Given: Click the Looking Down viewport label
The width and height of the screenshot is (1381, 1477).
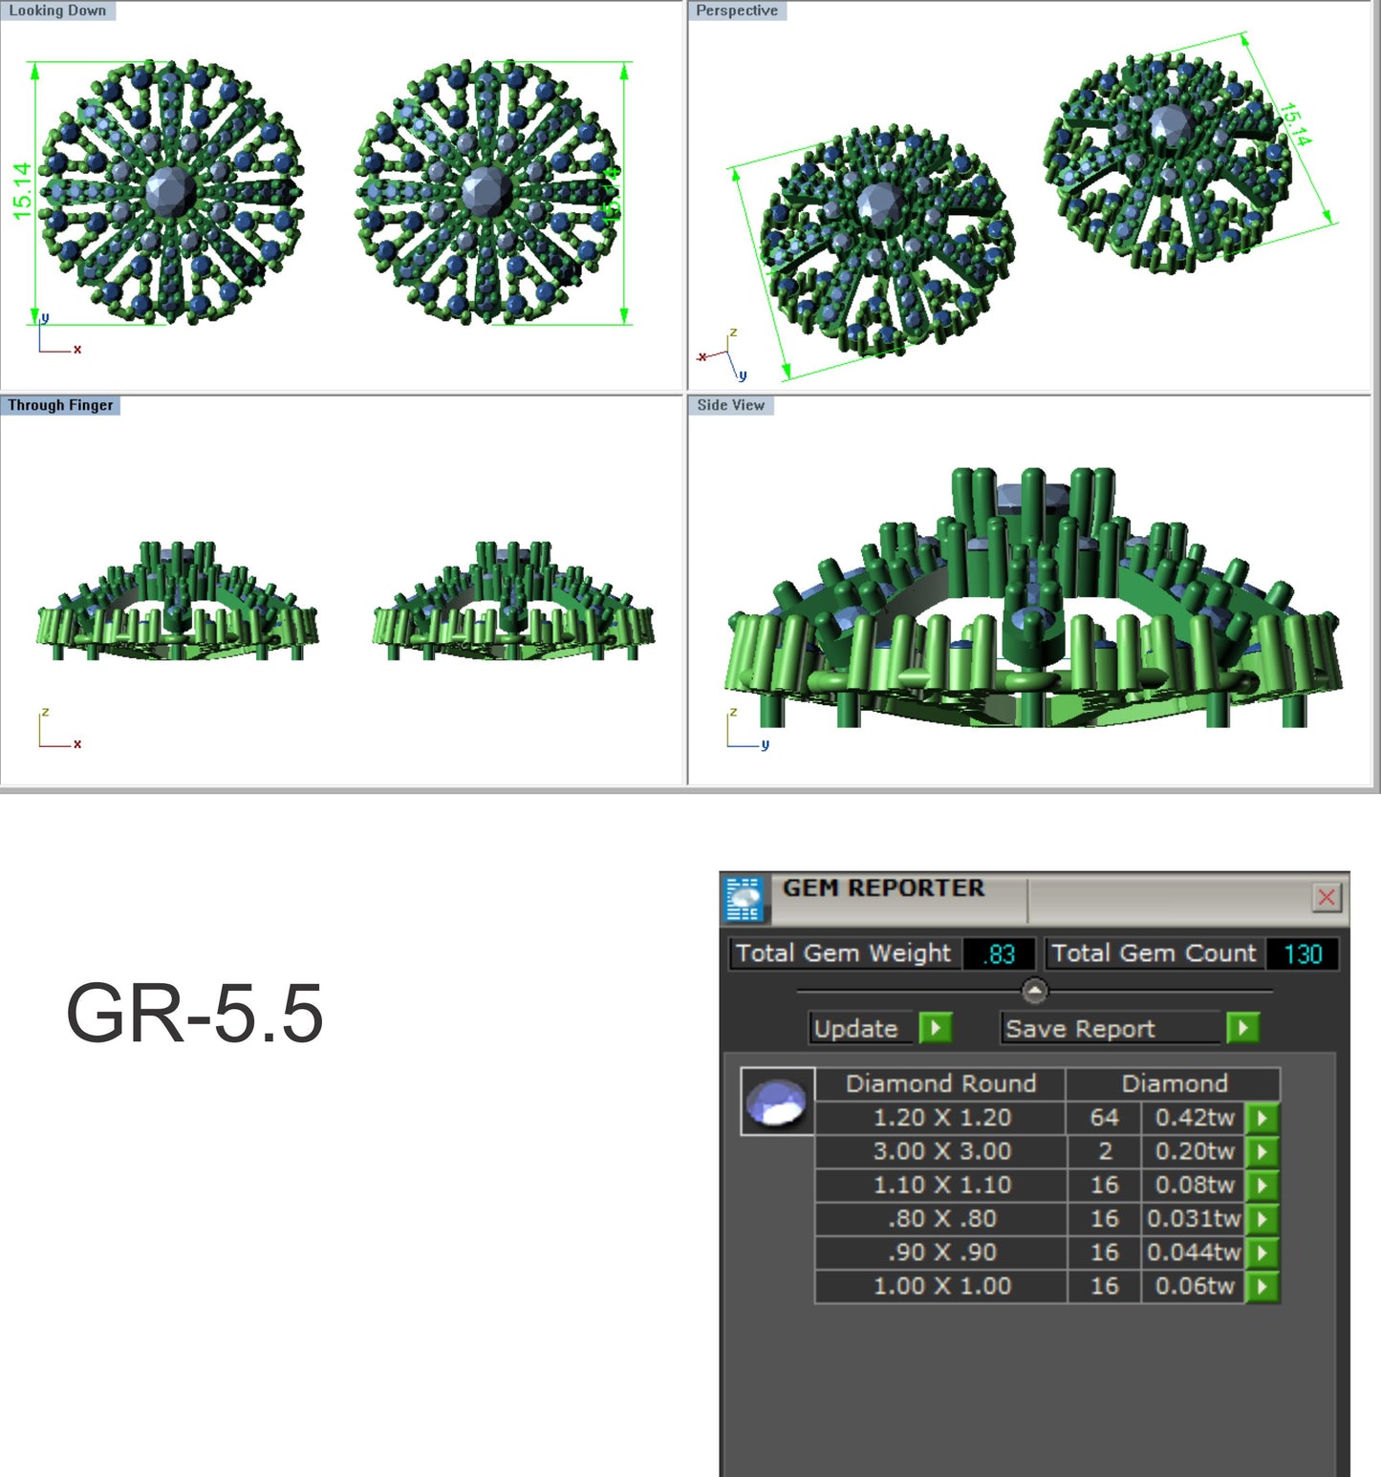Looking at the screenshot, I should coord(57,11).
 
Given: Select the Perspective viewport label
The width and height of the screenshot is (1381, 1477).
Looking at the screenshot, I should coord(736,11).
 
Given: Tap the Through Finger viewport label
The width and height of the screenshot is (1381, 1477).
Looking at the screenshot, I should coord(60,405).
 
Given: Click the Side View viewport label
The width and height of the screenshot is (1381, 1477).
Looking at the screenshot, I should coord(730,405).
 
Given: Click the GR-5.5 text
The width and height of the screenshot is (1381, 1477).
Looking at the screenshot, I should coord(194,1014).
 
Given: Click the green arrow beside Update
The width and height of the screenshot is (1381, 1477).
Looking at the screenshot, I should coord(935,1028).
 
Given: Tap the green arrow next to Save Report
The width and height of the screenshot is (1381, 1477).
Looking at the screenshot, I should coord(1242,1028).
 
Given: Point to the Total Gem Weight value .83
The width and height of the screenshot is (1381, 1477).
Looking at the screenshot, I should coord(999,953).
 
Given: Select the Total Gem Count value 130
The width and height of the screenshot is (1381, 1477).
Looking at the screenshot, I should coord(1302,953).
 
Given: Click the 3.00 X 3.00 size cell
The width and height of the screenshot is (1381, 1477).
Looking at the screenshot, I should coord(941,1151).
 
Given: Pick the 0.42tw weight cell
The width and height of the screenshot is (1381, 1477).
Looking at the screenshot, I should coord(1194,1118).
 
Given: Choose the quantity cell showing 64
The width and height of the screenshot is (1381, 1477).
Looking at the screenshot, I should coord(1104,1118).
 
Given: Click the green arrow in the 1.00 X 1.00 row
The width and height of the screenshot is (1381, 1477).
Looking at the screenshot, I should coord(1262,1286).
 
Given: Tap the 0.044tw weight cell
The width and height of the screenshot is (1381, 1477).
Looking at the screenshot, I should coord(1194,1252).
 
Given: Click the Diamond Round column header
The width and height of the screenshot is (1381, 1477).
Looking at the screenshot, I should coord(940,1083).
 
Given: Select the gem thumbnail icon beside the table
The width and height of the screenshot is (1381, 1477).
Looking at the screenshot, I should coord(777,1102).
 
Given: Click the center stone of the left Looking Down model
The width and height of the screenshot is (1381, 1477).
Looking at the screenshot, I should coord(170,191).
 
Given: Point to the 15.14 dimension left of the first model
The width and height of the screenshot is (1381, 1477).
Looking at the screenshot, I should coord(22,191).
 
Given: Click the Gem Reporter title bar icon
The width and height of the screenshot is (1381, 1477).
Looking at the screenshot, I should coord(744,899).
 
